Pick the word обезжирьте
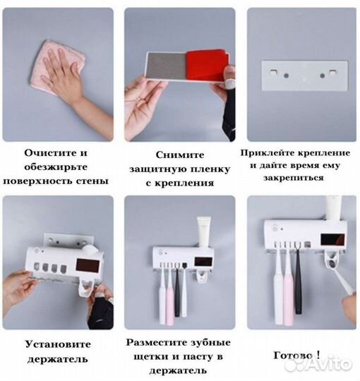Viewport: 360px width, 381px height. coord(56,167)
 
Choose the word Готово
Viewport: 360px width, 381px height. coord(290,356)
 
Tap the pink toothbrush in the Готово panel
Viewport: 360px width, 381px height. coord(288,296)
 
